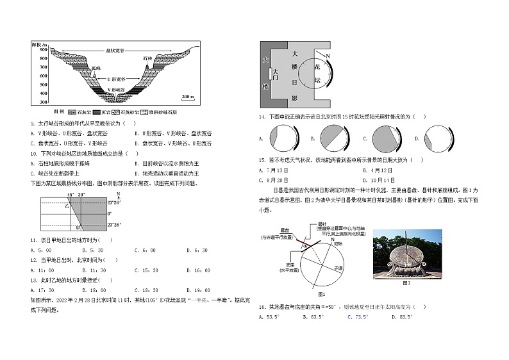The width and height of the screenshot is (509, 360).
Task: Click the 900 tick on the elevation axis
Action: click(x=43, y=49)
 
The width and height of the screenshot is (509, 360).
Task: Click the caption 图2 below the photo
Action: click(x=405, y=282)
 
